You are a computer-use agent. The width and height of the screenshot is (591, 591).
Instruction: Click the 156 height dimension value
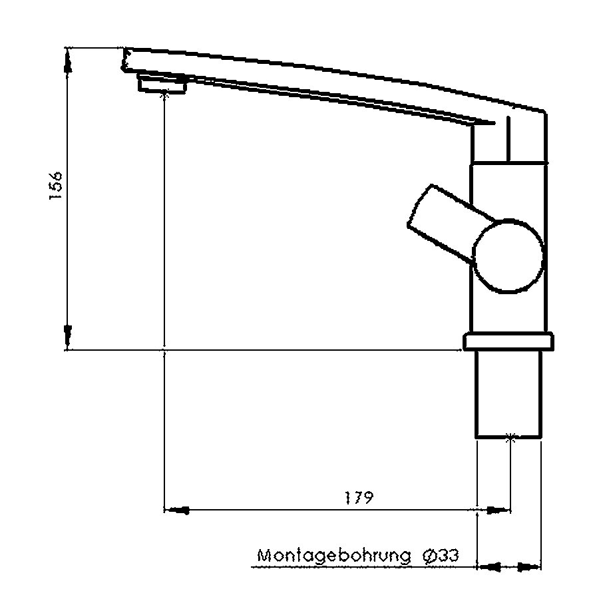56,186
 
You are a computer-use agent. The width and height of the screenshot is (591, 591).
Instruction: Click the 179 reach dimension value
359,498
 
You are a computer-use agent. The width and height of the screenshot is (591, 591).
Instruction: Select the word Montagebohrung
334,556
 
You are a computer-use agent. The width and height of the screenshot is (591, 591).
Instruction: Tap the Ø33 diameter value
441,556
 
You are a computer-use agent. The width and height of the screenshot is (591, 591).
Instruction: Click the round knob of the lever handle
508,256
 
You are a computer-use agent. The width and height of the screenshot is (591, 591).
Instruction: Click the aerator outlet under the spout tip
162,84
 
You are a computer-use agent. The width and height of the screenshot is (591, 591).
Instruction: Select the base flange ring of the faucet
508,341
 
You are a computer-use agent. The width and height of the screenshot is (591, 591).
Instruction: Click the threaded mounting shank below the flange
508,394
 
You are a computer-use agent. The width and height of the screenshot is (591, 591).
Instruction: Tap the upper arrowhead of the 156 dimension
67,62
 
